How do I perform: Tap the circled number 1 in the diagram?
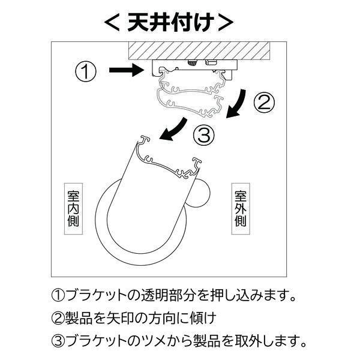pos(86,71)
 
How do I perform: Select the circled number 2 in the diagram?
pos(264,103)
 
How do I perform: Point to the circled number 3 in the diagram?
pos(204,135)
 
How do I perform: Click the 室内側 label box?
pos(73,209)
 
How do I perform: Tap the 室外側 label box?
pos(241,209)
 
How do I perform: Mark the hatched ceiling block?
pos(199,50)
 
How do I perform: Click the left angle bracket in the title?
pos(112,23)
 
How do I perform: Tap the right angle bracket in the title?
pos(226,23)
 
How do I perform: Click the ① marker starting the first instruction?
pos(58,295)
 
